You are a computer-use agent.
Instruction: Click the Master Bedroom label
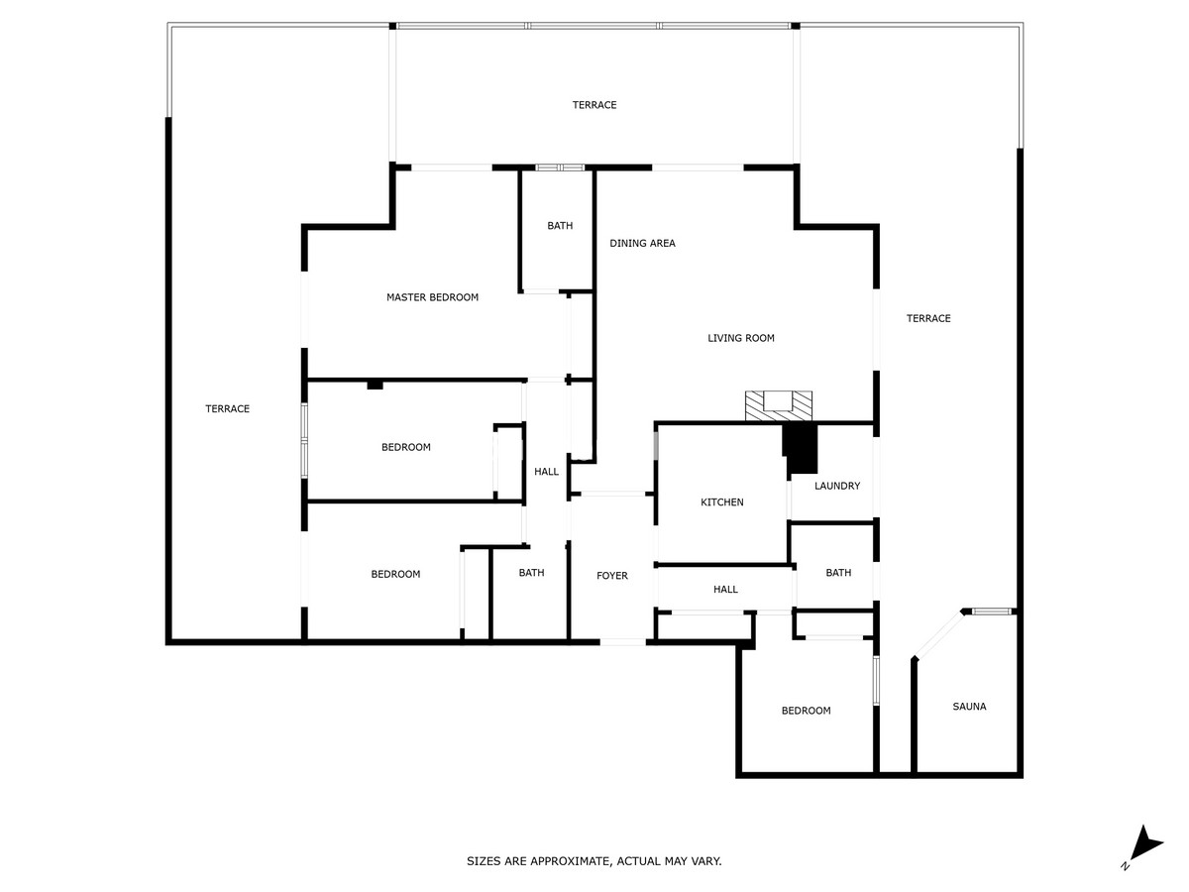[432, 297]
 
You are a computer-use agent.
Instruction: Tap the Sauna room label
[969, 707]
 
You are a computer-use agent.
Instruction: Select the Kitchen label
[721, 502]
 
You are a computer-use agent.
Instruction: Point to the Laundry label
[837, 487]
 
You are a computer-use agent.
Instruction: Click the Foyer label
[611, 576]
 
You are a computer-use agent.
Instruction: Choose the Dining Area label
[642, 243]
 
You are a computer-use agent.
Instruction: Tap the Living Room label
[740, 338]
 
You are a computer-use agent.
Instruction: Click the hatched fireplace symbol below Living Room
[779, 402]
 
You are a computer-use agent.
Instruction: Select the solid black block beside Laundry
[801, 448]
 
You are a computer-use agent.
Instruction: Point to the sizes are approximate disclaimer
[594, 861]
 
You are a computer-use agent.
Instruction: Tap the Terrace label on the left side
[227, 409]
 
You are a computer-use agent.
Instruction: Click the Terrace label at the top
[594, 105]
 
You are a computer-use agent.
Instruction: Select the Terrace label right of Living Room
[928, 318]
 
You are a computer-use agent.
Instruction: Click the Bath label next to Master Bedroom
[560, 226]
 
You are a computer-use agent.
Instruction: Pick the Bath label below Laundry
[838, 573]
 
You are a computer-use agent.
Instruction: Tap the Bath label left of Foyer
[531, 573]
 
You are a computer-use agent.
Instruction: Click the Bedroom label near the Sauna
[806, 711]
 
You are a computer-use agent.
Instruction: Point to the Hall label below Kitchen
[725, 590]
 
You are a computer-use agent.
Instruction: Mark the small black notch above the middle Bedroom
[375, 385]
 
